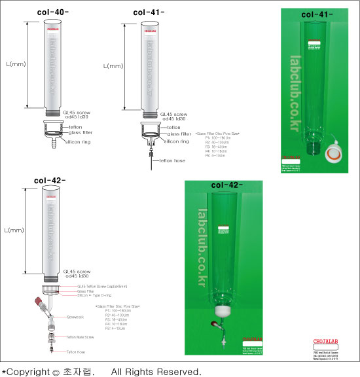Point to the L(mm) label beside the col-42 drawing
tap(14, 230)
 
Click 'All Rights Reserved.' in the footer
tap(156, 371)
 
